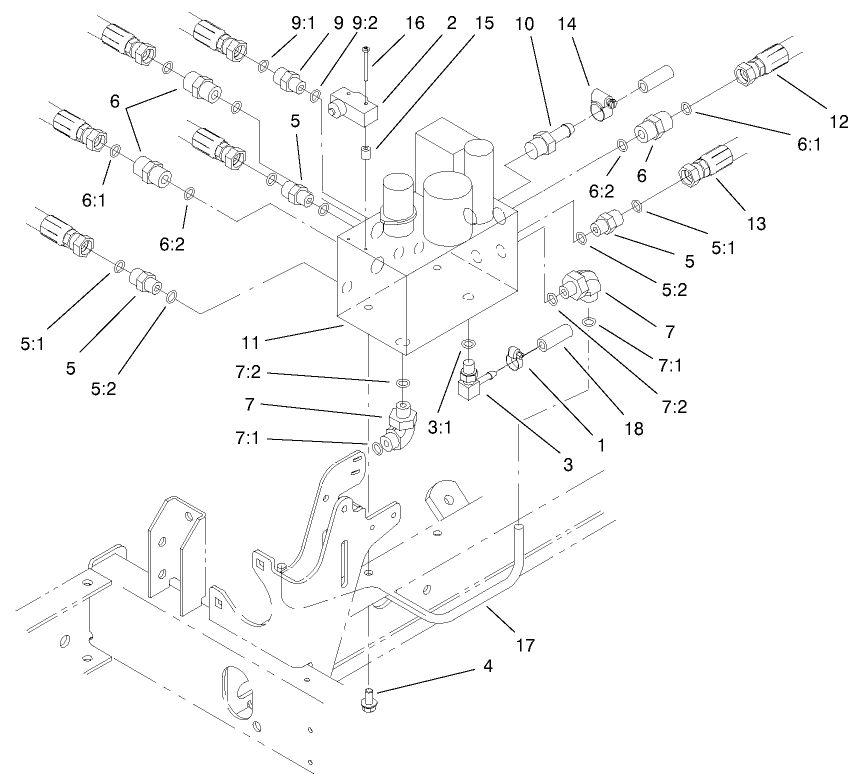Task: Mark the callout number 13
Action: coord(756,223)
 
